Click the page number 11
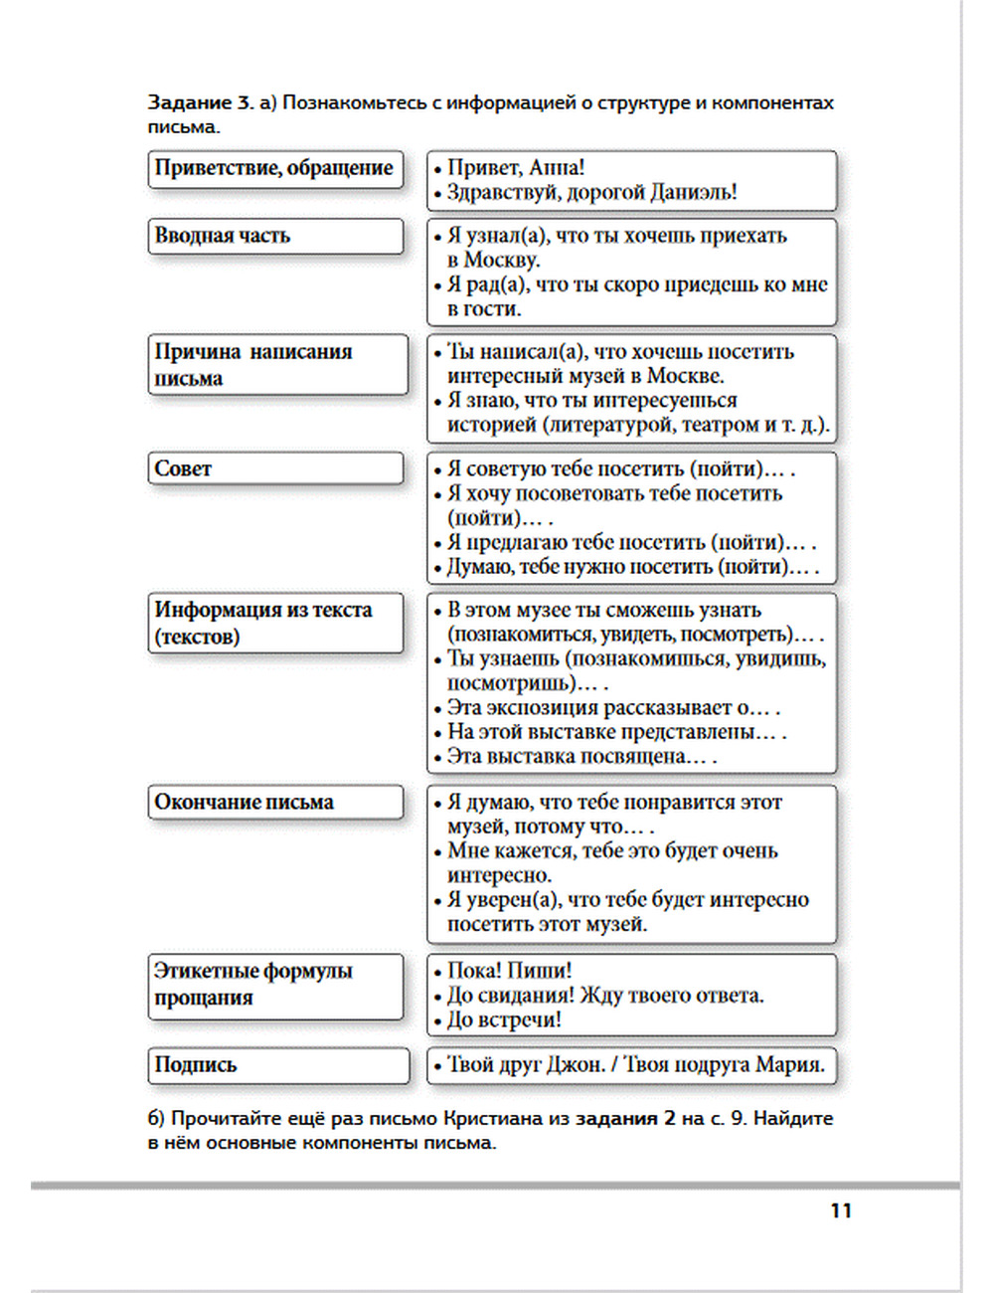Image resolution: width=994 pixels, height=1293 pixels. [x=841, y=1210]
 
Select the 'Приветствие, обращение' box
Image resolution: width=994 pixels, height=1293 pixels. [x=275, y=168]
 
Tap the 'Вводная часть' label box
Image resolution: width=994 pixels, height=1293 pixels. [x=275, y=237]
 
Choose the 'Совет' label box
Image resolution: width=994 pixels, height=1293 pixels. [x=275, y=468]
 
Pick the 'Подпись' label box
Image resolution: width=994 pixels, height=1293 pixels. [x=277, y=1064]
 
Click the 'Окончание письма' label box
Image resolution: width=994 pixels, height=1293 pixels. [x=275, y=803]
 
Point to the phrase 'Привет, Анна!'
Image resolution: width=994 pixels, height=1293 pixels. [x=516, y=167]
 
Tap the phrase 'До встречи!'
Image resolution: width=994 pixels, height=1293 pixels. [x=504, y=1019]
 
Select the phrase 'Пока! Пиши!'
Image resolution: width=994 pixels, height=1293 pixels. [x=509, y=971]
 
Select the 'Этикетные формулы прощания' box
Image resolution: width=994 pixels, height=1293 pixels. [x=275, y=985]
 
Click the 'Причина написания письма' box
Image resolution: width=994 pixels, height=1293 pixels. [x=277, y=365]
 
